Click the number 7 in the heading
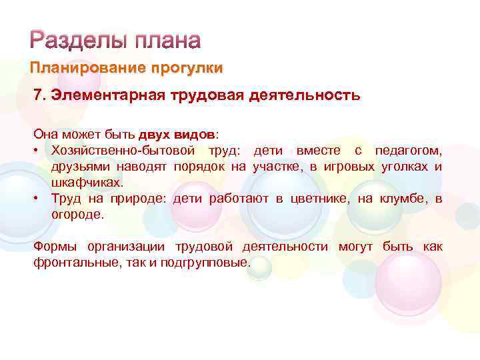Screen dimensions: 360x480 [x=37, y=95]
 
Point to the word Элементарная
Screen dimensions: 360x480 [x=105, y=95]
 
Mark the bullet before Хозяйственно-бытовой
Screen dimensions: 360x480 [x=37, y=149]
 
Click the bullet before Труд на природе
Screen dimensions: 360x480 [x=37, y=198]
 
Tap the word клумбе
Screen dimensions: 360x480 [x=403, y=198]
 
